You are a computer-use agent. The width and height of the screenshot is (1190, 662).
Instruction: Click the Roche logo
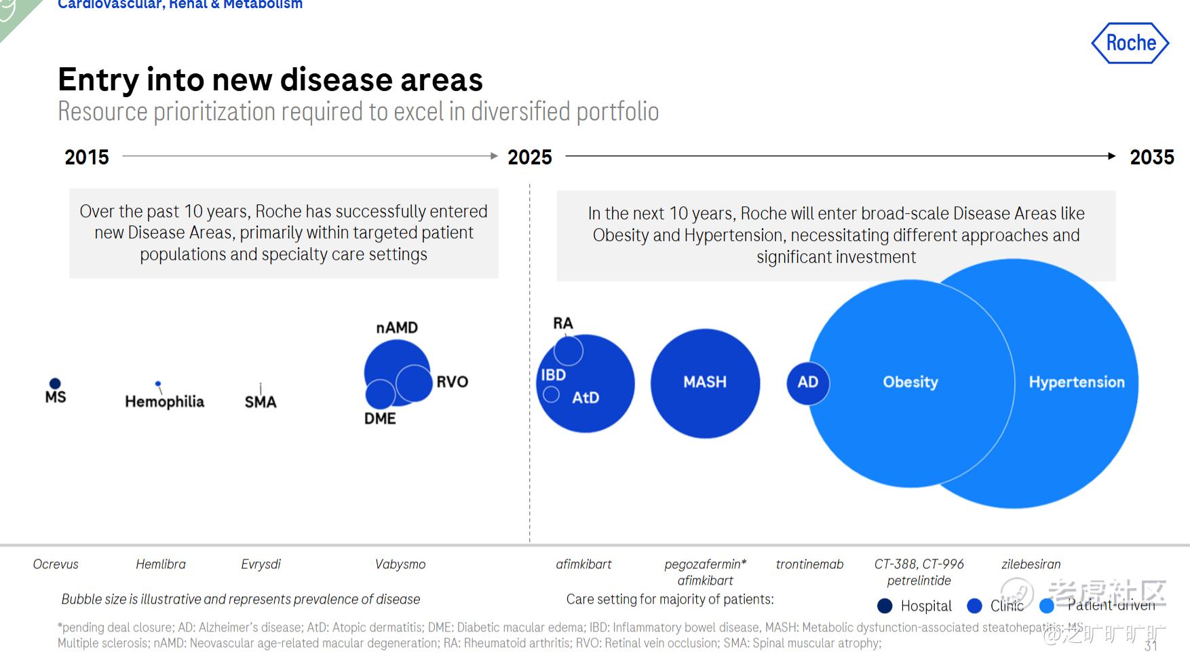(x=1130, y=43)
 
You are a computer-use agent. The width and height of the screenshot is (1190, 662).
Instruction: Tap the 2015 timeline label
(x=87, y=158)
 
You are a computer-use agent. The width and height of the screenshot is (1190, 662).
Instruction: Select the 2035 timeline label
(x=1151, y=158)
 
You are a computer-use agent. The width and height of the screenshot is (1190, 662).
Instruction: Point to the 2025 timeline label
(x=530, y=158)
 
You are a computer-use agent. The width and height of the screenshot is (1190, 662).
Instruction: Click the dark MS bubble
(x=55, y=384)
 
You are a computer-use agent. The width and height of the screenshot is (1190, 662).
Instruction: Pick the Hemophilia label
(x=164, y=402)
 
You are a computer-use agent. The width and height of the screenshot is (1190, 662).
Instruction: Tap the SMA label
(x=261, y=402)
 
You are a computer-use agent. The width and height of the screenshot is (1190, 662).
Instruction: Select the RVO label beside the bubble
(x=453, y=382)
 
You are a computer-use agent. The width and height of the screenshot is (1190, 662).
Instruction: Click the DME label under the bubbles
(x=380, y=419)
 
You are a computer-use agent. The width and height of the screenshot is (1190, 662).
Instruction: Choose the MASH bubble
(x=705, y=383)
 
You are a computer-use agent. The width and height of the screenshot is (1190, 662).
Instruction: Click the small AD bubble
(x=807, y=383)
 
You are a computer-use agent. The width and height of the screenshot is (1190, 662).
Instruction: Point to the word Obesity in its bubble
(x=910, y=382)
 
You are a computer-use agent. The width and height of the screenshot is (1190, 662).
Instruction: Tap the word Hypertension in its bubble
(x=1076, y=382)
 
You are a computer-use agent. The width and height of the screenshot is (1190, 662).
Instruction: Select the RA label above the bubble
(x=563, y=323)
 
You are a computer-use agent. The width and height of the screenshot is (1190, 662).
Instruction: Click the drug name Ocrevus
(x=56, y=564)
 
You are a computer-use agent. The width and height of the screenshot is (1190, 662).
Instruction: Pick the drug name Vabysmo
(x=400, y=564)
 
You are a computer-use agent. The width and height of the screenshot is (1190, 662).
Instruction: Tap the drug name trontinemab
(x=809, y=564)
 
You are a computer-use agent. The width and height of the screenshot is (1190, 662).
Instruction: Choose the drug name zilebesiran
(x=1031, y=564)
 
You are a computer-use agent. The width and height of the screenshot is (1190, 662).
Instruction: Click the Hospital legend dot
(x=885, y=606)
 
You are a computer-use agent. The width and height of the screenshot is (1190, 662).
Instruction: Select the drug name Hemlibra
(x=161, y=564)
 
